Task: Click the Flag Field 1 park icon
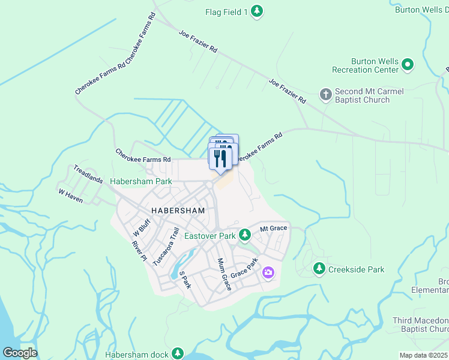click(x=257, y=11)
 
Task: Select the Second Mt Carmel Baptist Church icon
click(x=325, y=94)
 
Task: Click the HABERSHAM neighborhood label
click(x=178, y=211)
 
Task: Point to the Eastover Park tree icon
click(x=244, y=234)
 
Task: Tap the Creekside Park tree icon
click(x=320, y=268)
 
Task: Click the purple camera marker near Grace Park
click(x=268, y=273)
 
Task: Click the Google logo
click(x=20, y=353)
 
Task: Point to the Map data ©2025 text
click(x=424, y=355)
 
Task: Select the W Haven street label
click(x=70, y=196)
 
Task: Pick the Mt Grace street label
click(x=274, y=228)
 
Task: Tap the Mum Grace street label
click(x=223, y=274)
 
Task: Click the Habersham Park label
click(x=140, y=181)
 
